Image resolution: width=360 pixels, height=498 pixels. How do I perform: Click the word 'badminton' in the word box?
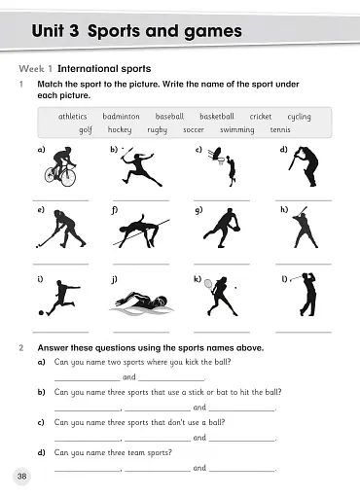point(121,117)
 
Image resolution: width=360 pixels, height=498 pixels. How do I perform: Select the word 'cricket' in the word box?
point(260,117)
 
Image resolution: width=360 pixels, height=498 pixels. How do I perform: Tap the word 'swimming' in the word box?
point(237,129)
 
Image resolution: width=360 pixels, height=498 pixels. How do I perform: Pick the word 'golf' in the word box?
point(86,129)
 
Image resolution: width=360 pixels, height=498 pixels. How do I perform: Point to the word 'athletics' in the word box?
point(73,117)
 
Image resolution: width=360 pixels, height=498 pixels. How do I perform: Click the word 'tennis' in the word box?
point(280,129)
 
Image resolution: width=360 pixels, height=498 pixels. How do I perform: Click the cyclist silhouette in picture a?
point(60,167)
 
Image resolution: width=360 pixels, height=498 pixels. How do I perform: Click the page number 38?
point(21,476)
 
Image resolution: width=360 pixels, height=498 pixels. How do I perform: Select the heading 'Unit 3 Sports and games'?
point(136,31)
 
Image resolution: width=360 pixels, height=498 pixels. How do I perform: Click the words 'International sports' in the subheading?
point(103,69)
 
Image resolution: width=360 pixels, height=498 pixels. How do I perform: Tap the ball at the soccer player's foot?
point(42,313)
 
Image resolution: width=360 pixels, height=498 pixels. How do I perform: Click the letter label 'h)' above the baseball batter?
point(284,209)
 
